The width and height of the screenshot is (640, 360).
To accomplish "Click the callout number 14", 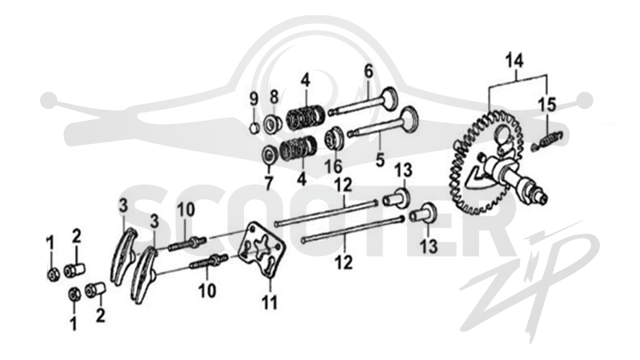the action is click(514, 61).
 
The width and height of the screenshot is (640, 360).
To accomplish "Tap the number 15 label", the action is click(546, 105).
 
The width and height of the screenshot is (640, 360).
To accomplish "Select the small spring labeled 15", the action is click(548, 140).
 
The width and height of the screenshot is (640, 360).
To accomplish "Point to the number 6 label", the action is click(369, 71).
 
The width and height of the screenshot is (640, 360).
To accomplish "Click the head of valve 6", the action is click(389, 98).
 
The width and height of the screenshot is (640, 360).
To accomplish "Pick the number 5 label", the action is click(380, 160).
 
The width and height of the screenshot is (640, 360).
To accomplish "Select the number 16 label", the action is click(333, 166).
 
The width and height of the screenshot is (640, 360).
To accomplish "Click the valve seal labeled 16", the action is click(334, 138).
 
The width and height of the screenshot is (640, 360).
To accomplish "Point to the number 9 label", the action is click(254, 99).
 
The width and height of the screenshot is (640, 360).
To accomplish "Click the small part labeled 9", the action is click(254, 127).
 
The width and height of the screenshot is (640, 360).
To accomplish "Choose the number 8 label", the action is click(274, 97).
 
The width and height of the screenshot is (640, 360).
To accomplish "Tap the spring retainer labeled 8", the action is click(272, 123).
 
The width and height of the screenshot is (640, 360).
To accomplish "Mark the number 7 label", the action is click(268, 183).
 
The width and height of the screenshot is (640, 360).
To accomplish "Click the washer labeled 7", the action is click(269, 154).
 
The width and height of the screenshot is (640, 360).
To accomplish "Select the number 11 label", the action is click(270, 303).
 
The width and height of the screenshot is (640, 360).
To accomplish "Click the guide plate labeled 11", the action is click(262, 250).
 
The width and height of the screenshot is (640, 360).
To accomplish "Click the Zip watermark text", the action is click(530, 282).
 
